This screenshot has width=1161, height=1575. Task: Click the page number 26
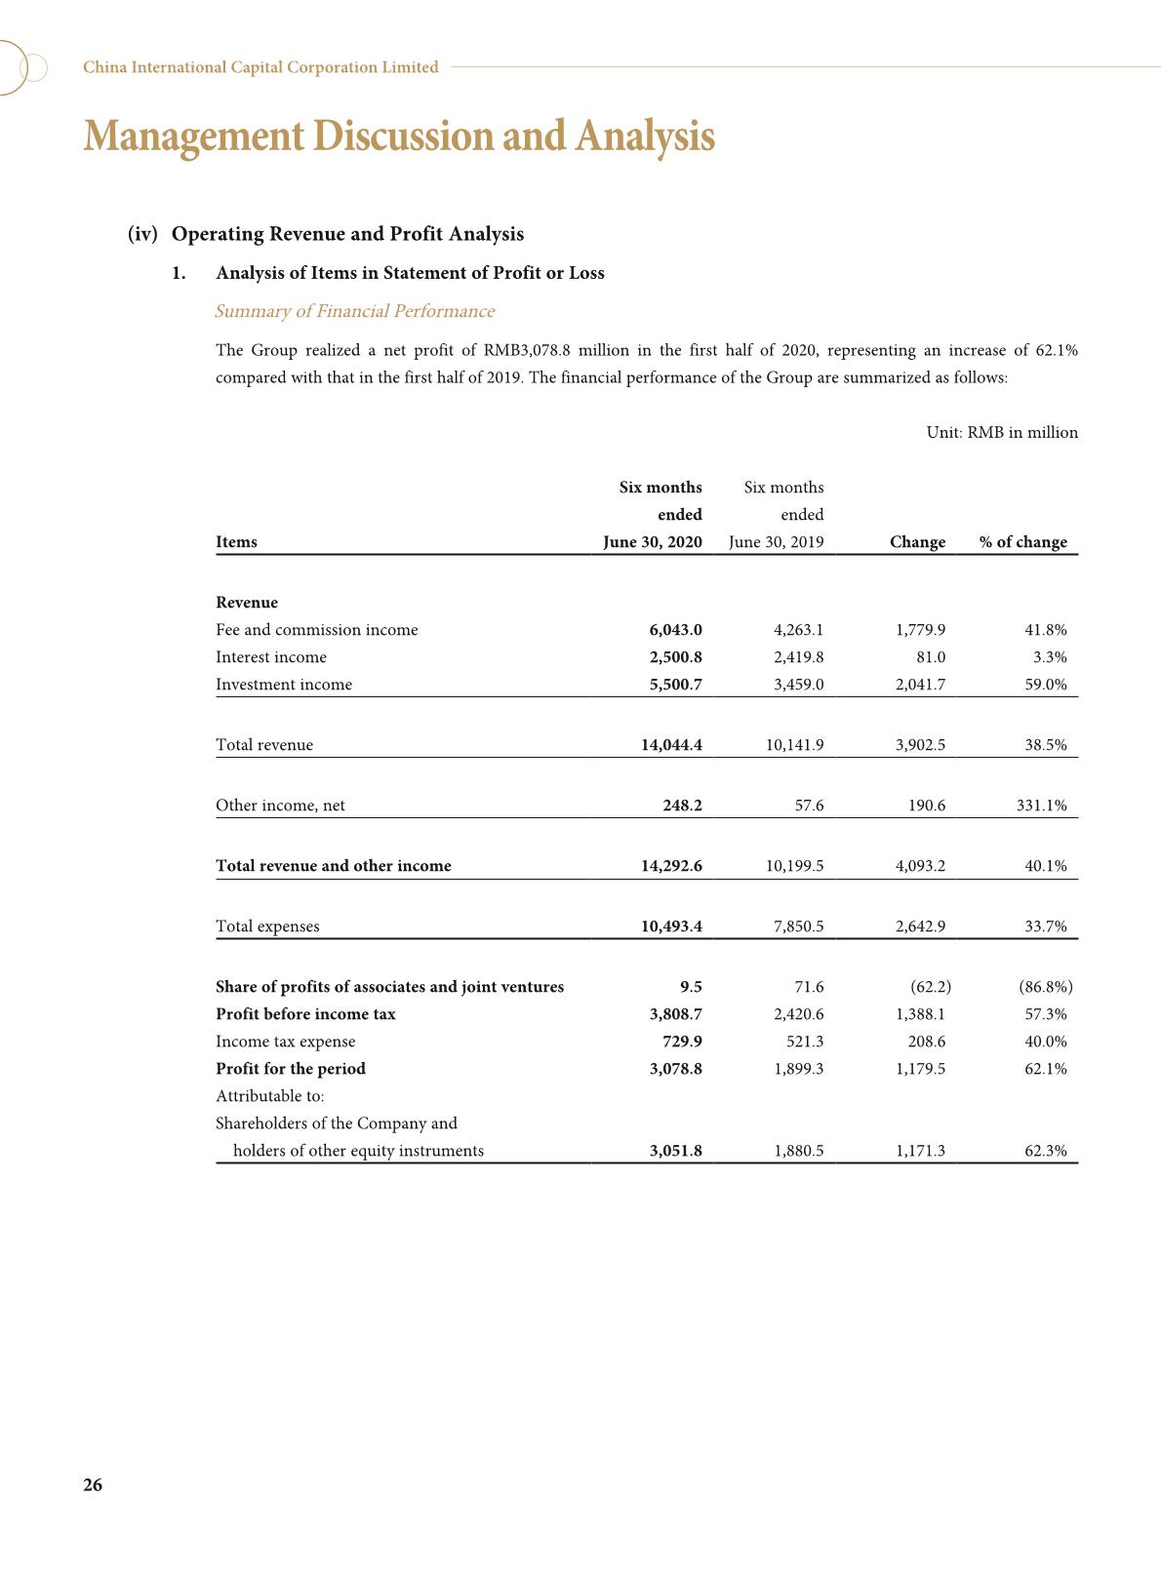tap(93, 1485)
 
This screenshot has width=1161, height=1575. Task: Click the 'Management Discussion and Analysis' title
tap(399, 136)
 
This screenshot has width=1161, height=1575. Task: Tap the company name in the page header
tap(260, 67)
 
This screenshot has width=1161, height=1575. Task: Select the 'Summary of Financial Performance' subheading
tap(354, 311)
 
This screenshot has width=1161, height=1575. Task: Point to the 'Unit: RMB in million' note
tap(1002, 432)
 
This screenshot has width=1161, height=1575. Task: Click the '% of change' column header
tap(1022, 542)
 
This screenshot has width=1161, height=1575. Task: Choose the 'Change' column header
tap(917, 542)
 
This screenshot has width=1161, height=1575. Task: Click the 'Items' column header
tap(236, 542)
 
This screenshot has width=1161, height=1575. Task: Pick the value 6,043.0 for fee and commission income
tap(675, 630)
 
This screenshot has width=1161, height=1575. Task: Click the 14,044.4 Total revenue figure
tap(671, 745)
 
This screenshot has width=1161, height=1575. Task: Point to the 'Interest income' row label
tap(271, 657)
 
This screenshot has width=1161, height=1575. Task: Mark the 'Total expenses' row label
tap(267, 926)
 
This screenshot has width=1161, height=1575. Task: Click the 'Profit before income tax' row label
tap(305, 1014)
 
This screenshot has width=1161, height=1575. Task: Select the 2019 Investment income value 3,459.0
tap(798, 685)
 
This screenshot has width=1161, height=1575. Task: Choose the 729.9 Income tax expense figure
tap(682, 1042)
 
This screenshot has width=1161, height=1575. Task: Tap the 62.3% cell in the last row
tap(1045, 1151)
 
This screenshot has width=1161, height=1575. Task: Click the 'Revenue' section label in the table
tap(247, 603)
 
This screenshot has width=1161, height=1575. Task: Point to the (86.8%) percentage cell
tap(1045, 987)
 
